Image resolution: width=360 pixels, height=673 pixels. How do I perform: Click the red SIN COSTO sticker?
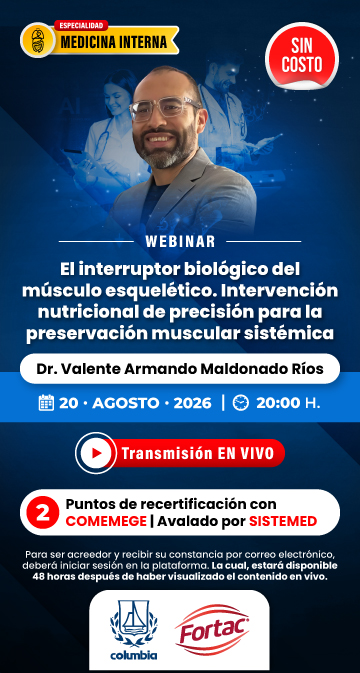click(302, 56)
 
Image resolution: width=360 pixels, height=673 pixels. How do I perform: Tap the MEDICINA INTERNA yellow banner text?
click(114, 42)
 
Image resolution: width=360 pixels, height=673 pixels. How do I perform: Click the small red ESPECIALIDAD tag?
click(81, 25)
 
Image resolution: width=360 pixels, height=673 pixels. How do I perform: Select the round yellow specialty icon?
click(38, 40)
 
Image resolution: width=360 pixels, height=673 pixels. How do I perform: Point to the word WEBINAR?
click(180, 242)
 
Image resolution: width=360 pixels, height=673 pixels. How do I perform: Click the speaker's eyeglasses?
click(165, 109)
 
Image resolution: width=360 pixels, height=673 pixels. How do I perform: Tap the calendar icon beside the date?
click(46, 403)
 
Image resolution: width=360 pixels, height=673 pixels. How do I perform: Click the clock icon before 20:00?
click(240, 403)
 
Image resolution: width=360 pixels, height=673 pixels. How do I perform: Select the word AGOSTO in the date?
click(124, 403)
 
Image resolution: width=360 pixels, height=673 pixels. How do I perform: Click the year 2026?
click(192, 403)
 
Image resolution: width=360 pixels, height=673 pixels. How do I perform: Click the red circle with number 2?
click(42, 513)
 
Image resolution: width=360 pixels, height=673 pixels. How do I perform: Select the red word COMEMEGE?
click(106, 521)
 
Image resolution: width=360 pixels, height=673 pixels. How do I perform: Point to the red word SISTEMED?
click(283, 521)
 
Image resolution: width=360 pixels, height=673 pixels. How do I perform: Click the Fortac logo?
click(212, 630)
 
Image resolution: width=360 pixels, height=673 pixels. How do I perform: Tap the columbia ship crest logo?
click(133, 630)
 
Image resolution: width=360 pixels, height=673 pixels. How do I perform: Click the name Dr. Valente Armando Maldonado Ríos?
click(180, 369)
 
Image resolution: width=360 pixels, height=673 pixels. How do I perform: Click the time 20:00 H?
click(288, 403)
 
